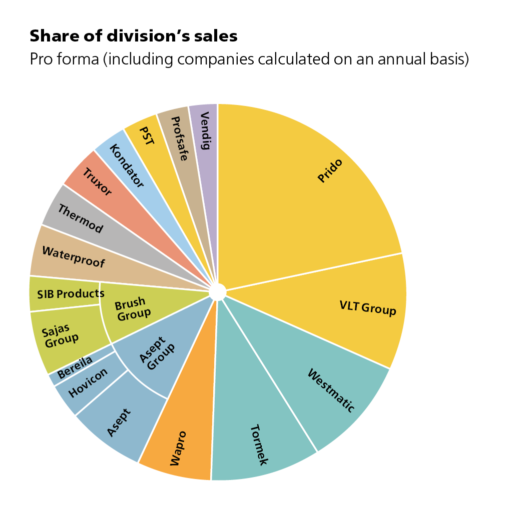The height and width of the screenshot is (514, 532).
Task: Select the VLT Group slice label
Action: [x=367, y=308]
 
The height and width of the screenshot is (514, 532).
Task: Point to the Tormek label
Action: [x=259, y=444]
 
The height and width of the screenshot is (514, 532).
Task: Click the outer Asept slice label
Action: [x=119, y=423]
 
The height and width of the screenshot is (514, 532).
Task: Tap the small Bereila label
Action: [x=75, y=367]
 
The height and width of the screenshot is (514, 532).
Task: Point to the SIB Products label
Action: [x=71, y=293]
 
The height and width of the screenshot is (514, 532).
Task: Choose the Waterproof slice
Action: [x=74, y=255]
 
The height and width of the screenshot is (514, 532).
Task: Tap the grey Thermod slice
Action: [x=80, y=218]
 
